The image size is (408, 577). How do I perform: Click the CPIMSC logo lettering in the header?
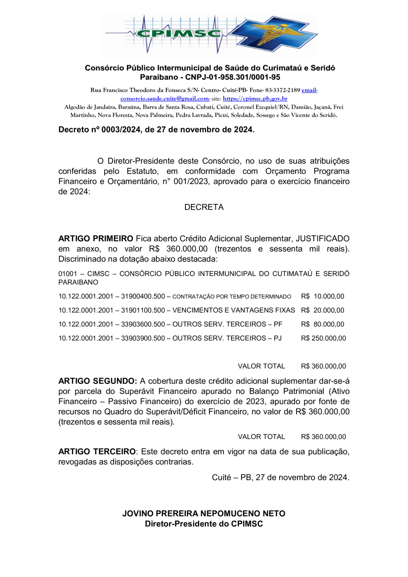179,34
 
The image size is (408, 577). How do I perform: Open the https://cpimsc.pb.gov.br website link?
255,98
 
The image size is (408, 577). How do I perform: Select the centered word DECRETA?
204,207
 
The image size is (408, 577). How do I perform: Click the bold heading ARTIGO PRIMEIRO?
96,238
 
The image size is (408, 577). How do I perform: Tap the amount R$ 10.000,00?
322,296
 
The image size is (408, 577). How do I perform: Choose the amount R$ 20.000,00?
322,310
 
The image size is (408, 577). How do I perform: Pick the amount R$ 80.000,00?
322,325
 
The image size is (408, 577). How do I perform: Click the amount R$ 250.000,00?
323,338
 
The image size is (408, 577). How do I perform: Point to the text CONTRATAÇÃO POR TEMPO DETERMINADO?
232,297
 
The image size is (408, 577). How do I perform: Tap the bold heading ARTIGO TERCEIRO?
97,452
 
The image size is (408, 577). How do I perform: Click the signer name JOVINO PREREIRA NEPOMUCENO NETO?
204,514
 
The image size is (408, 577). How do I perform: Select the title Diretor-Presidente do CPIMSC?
204,524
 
